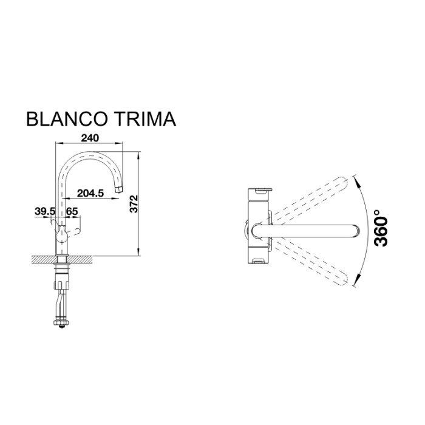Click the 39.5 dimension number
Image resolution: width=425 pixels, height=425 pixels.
tap(45, 211)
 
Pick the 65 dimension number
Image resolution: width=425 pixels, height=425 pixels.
tap(72, 211)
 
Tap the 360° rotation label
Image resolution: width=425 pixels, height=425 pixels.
tap(381, 228)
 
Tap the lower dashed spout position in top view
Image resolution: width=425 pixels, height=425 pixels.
tap(310, 262)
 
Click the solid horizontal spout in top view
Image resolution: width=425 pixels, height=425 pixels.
tap(304, 230)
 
